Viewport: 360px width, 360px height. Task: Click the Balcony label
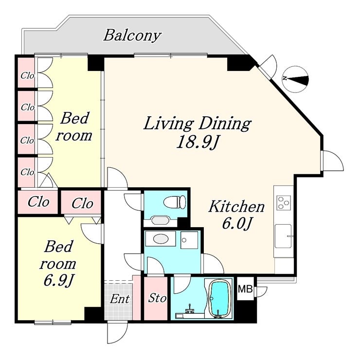(x=132, y=36)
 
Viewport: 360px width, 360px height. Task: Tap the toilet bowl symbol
(x=175, y=202)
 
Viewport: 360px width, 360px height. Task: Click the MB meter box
(x=245, y=288)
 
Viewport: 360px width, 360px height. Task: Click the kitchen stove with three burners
(x=284, y=202)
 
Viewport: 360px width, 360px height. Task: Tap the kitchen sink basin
(x=283, y=236)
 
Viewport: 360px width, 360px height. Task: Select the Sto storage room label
(x=157, y=298)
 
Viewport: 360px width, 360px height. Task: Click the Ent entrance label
(x=120, y=299)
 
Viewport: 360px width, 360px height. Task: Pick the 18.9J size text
(x=197, y=143)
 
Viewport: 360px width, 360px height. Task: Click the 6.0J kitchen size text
(x=236, y=223)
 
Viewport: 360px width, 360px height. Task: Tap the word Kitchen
(x=236, y=206)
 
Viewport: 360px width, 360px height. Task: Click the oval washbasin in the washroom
(x=161, y=238)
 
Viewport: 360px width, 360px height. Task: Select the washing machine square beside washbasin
(x=189, y=240)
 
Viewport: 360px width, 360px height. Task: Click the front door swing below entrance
(x=117, y=333)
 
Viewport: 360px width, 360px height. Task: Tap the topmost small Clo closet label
(x=27, y=76)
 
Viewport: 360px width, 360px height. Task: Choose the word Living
(x=168, y=124)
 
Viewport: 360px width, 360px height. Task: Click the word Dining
(x=225, y=124)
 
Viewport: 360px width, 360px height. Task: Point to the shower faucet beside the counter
(x=190, y=308)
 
